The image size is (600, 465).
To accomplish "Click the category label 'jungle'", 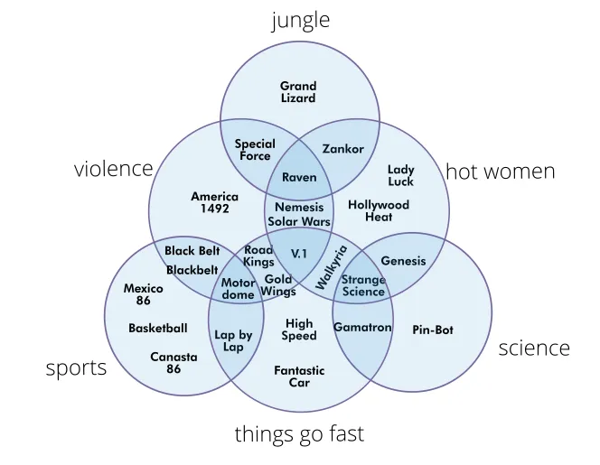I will (x=300, y=21).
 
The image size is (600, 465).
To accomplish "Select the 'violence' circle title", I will (x=114, y=169).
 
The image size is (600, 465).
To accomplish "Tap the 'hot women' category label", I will (x=500, y=172).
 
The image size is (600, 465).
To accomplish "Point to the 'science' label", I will (x=534, y=348).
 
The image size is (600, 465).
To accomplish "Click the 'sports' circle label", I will (x=77, y=367).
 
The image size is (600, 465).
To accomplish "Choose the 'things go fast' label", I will (x=299, y=434).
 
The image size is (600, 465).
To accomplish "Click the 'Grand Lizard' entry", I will (x=298, y=92).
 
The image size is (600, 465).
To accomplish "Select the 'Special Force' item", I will (x=255, y=150).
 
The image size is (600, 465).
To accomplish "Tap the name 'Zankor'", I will (x=342, y=149).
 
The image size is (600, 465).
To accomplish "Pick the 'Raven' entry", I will (x=299, y=177).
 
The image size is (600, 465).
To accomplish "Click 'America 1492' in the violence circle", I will (x=214, y=202).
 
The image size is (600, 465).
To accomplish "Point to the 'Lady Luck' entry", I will (x=400, y=175).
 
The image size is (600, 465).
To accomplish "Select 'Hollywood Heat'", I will (x=379, y=210).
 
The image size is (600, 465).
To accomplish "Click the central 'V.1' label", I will (x=299, y=255).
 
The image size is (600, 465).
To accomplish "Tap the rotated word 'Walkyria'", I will (x=331, y=267).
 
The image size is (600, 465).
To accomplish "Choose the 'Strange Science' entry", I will (x=363, y=285).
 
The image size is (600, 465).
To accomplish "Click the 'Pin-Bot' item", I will (x=432, y=330).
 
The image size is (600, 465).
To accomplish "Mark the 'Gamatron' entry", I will (x=362, y=327).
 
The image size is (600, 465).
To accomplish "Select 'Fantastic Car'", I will (x=299, y=377).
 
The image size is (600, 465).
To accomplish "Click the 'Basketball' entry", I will (x=158, y=328).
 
